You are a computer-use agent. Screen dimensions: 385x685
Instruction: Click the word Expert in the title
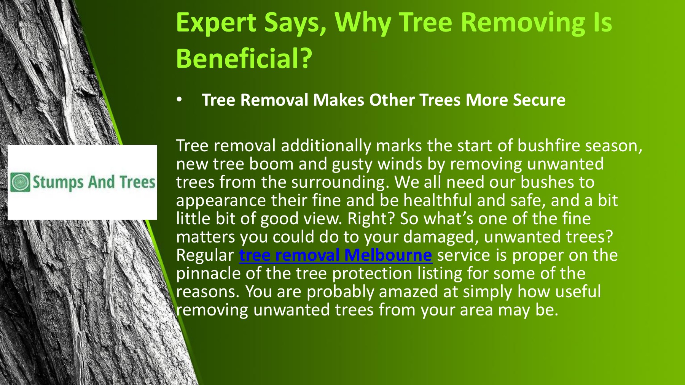tap(216, 23)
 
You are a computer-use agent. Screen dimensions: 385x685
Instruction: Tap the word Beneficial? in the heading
tap(244, 59)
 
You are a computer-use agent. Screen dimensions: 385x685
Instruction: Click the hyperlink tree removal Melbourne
tap(335, 255)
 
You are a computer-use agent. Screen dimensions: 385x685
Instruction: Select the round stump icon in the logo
tap(20, 182)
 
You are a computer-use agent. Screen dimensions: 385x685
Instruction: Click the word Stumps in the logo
tap(57, 182)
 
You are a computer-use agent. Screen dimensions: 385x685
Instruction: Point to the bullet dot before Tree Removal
tap(180, 100)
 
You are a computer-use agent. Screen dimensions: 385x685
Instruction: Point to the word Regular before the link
tap(205, 255)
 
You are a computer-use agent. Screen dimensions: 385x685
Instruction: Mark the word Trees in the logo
tap(137, 182)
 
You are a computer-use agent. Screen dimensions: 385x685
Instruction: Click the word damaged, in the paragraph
tap(441, 237)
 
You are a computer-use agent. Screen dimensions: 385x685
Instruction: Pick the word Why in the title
tap(363, 23)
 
